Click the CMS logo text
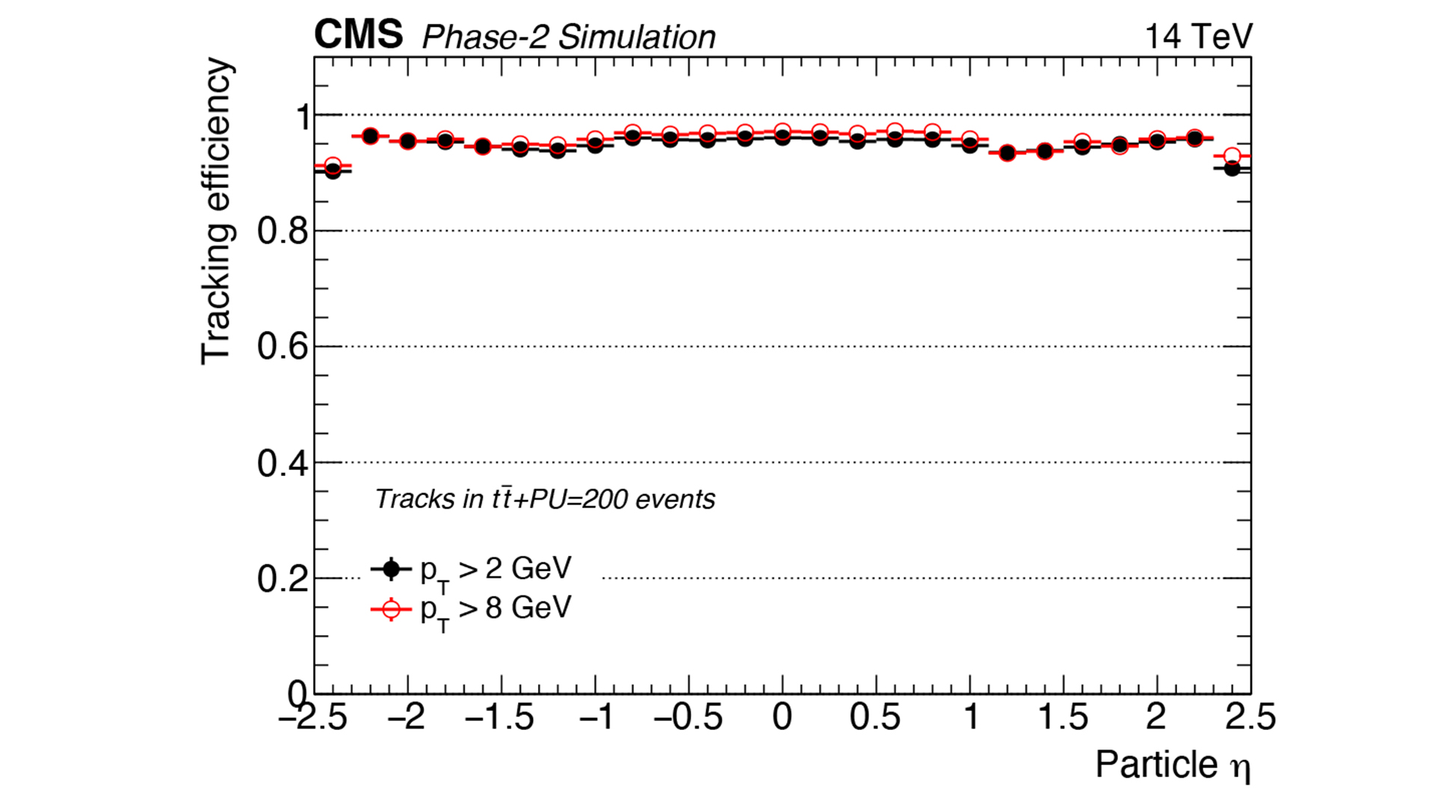[x=358, y=34]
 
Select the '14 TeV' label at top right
[x=1198, y=36]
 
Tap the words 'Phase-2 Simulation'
[x=568, y=37]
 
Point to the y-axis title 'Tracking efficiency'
[x=216, y=211]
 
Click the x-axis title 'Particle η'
[x=1173, y=764]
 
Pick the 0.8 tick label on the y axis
[x=283, y=232]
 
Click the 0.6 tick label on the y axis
[x=283, y=347]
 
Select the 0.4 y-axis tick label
[x=283, y=463]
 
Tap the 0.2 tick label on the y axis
[x=283, y=579]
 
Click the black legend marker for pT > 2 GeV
[x=391, y=569]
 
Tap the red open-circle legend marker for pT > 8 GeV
[x=391, y=610]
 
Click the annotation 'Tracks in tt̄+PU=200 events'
[x=545, y=499]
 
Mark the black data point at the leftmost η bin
[x=333, y=171]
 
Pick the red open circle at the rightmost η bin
[x=1232, y=156]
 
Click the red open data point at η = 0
[x=783, y=132]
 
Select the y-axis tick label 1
[x=303, y=117]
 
